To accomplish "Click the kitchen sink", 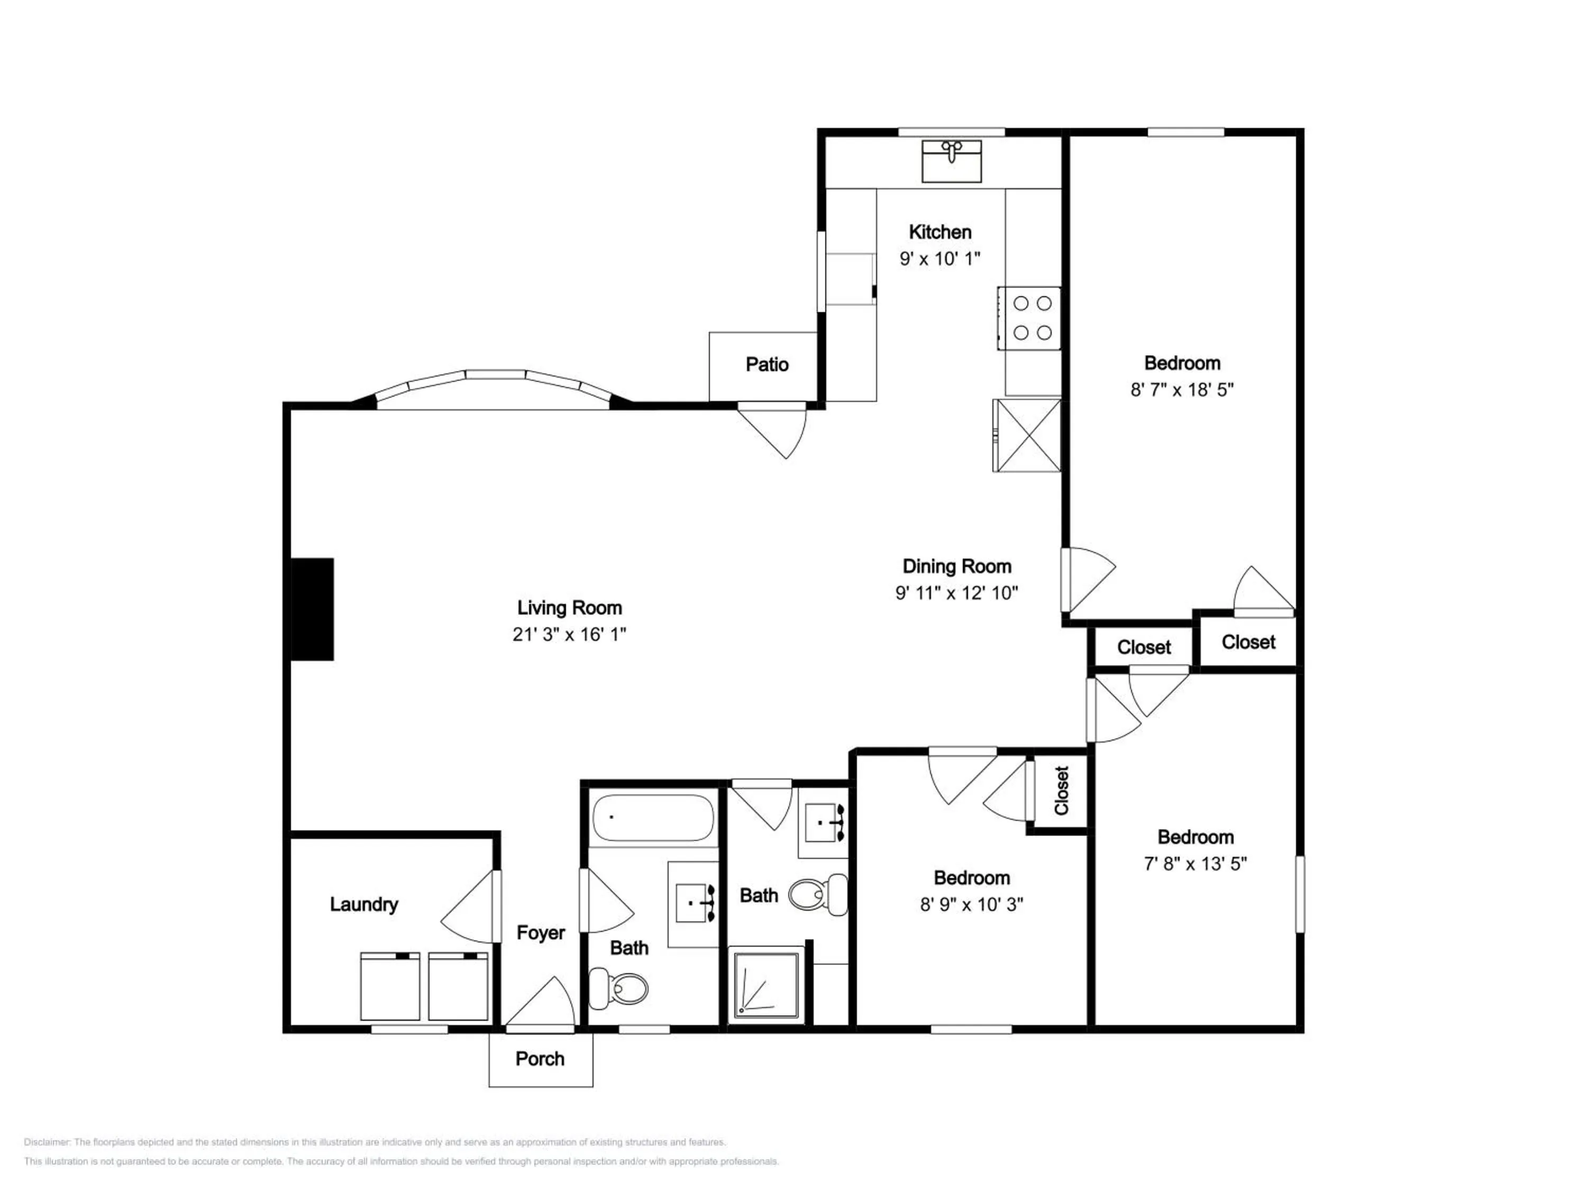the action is [x=951, y=161].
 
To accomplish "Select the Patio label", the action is [x=767, y=364].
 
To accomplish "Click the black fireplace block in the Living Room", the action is [x=312, y=609].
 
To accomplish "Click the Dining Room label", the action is [x=957, y=566].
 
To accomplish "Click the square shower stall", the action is [x=765, y=985].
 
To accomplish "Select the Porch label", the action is [x=540, y=1059].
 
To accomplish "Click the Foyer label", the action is [x=541, y=932].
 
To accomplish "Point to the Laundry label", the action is [x=364, y=904].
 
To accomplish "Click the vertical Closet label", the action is [x=1062, y=791].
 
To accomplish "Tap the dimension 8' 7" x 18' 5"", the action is [x=1182, y=389].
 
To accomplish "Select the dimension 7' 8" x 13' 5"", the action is [x=1195, y=864].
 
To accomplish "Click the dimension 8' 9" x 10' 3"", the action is [x=971, y=904].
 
